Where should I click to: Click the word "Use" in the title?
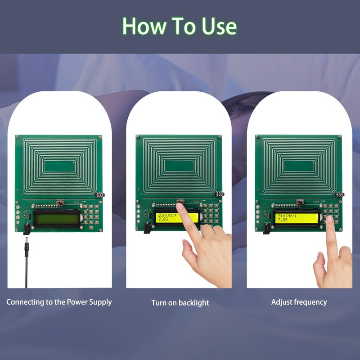pos(219,26)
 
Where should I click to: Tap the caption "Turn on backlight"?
pos(180,302)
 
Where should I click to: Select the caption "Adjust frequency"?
pos(299,302)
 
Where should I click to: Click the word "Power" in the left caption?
pos(77,301)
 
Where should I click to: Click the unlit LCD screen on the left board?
pos(57,218)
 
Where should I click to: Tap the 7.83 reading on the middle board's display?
pos(163,219)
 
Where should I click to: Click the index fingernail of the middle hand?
pos(180,206)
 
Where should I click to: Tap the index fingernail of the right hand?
pos(330,219)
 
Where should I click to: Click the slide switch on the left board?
pos(60,202)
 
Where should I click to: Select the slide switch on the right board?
pos(300,202)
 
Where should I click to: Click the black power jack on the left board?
pos(27,229)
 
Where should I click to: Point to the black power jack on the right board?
pos(267,229)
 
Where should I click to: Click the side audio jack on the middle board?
pos(220,194)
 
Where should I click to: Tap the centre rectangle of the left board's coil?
pos(59,166)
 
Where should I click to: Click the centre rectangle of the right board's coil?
pos(299,166)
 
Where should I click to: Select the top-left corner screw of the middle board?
pos(138,137)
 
